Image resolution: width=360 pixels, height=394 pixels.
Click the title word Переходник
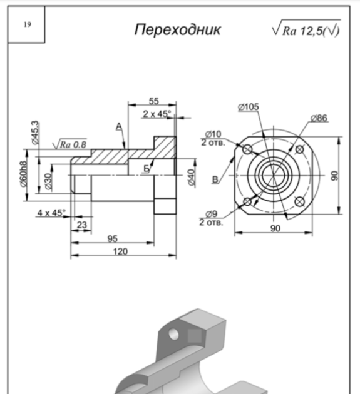tap(178, 30)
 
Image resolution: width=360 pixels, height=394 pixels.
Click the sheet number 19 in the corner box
tap(28, 24)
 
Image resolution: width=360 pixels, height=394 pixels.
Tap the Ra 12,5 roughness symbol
tap(306, 28)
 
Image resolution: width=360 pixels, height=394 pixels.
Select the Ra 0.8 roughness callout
tap(69, 144)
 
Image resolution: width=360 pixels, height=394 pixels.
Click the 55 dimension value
tap(154, 101)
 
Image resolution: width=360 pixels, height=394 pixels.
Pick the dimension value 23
tap(82, 225)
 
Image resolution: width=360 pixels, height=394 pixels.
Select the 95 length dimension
tap(113, 238)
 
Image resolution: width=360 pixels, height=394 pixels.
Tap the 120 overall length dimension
tap(120, 251)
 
